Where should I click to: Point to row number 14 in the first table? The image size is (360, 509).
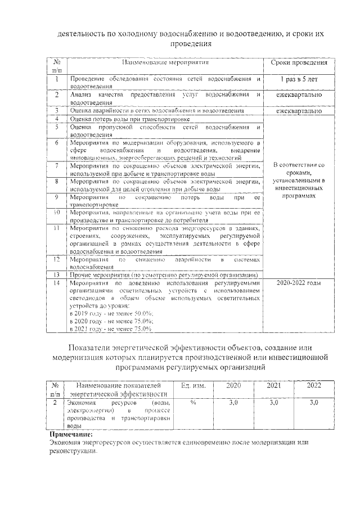pyautogui.click(x=57, y=283)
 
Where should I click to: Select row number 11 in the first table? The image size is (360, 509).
pyautogui.click(x=57, y=229)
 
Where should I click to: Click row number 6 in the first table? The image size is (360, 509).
pyautogui.click(x=57, y=143)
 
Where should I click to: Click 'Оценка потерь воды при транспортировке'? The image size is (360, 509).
pyautogui.click(x=130, y=119)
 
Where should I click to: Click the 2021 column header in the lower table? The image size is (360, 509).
pyautogui.click(x=273, y=386)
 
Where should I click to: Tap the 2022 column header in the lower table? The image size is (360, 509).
pyautogui.click(x=314, y=386)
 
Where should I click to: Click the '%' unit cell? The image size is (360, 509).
pyautogui.click(x=193, y=403)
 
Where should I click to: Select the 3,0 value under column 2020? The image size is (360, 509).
pyautogui.click(x=233, y=403)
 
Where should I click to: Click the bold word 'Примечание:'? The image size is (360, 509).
pyautogui.click(x=71, y=434)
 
